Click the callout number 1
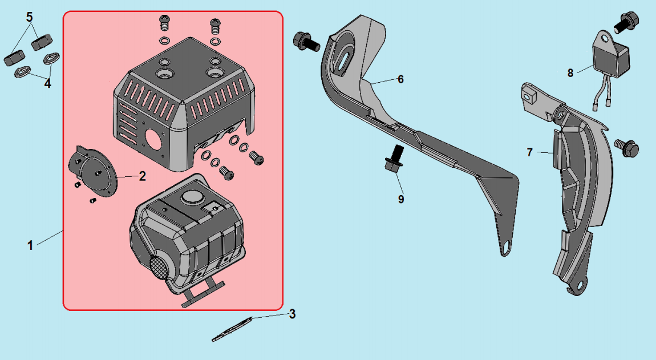(30, 245)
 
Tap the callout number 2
(142, 176)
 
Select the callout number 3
(292, 314)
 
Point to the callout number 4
(48, 84)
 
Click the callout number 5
(29, 17)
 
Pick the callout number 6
(400, 79)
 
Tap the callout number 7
(530, 152)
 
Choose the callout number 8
(570, 73)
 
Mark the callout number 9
(401, 199)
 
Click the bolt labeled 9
(394, 158)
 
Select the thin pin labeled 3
(232, 329)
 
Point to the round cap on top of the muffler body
(192, 197)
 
